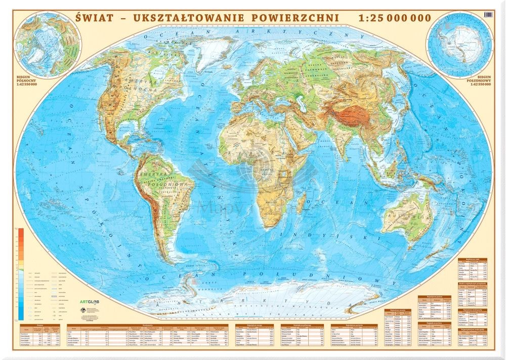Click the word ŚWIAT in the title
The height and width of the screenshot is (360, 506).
pos(97,17)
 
